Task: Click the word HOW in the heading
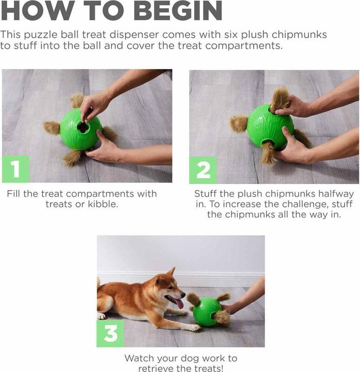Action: (32, 11)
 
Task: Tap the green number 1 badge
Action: (15, 170)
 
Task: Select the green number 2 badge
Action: (202, 170)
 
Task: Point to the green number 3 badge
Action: (111, 333)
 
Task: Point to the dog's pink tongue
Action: (179, 303)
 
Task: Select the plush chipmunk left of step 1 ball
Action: (52, 128)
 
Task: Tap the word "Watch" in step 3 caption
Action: (138, 358)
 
